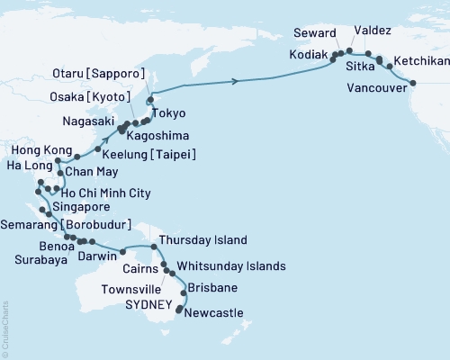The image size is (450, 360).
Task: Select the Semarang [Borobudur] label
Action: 63,224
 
